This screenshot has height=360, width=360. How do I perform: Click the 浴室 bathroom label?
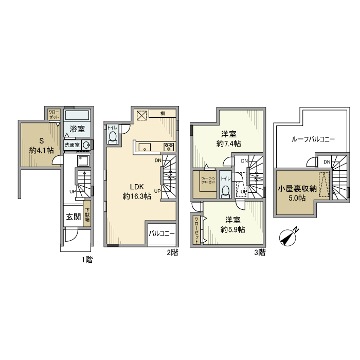coord(78,129)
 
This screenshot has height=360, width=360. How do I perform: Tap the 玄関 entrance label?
coord(73,217)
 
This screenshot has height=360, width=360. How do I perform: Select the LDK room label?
coord(137,187)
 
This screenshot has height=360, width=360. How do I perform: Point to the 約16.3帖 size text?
coord(137,196)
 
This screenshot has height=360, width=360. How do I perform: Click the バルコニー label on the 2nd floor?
coord(162,233)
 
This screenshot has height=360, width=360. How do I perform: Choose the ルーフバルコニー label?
coord(313,139)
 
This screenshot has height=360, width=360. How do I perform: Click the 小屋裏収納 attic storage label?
coord(296,188)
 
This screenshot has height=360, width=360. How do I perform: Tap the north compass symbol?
coord(290,237)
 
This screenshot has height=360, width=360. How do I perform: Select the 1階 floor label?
coord(86,260)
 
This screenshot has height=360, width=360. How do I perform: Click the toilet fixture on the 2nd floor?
coord(113,137)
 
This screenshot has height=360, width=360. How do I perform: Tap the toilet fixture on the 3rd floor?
coord(225,191)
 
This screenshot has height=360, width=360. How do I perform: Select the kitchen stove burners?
coord(169,147)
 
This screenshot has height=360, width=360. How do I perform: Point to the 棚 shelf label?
coord(162,114)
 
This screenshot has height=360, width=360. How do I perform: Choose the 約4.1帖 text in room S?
coord(41,151)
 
